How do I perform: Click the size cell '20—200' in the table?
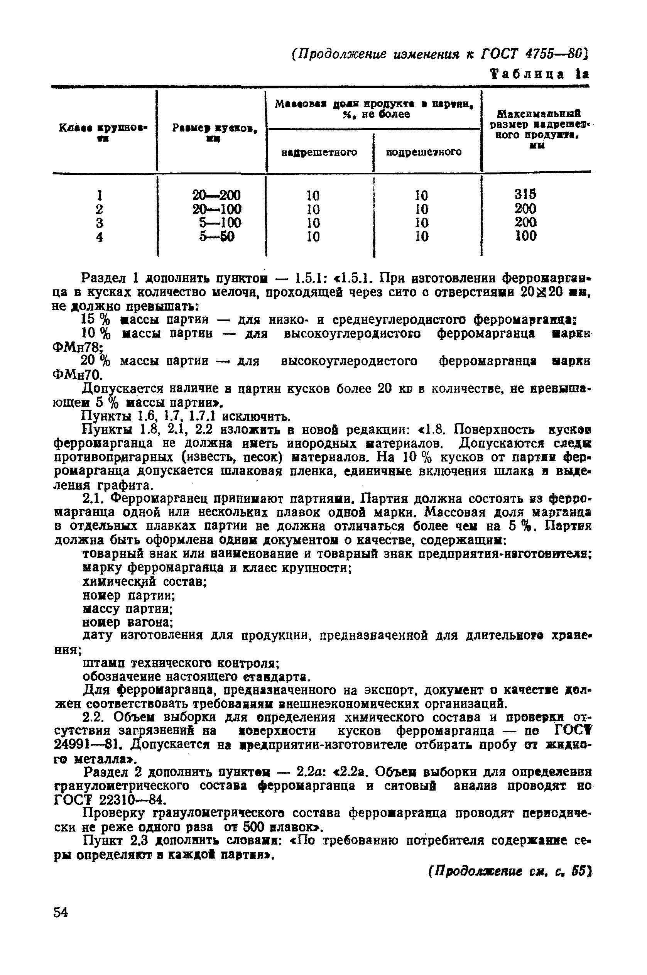[216, 195]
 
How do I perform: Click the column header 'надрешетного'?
[319, 152]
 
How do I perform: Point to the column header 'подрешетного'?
[424, 152]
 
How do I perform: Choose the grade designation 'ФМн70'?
[76, 375]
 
